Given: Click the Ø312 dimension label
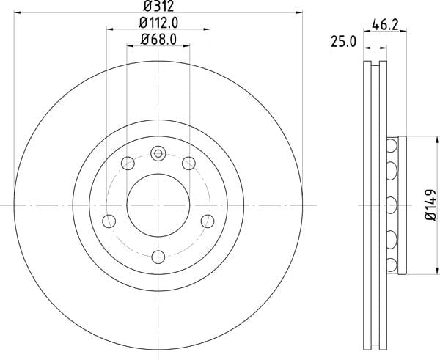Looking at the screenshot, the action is [158, 6].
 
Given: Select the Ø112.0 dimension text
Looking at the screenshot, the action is [158, 23].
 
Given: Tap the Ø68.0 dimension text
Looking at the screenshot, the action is [158, 40].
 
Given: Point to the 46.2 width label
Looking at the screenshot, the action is [385, 25].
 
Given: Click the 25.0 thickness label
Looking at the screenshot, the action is [344, 42].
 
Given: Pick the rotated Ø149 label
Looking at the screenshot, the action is [430, 205].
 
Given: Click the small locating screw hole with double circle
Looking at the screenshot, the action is [158, 153].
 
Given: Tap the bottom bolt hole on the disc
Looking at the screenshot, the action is [158, 257].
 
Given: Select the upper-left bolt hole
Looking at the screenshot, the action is [128, 164].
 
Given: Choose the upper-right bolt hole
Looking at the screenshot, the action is [188, 164].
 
